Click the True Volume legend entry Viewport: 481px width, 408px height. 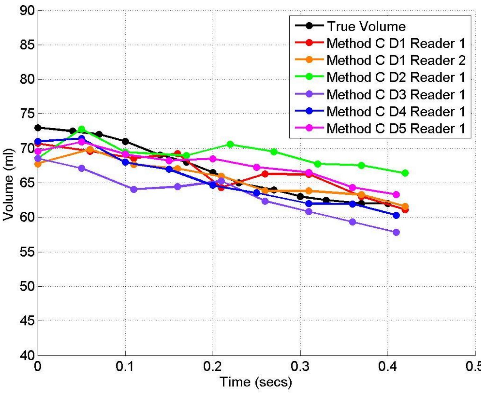(366, 26)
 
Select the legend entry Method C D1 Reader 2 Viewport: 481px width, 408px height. (396, 60)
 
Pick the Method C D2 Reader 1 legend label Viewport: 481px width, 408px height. (396, 77)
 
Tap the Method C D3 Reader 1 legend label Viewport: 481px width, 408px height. (396, 95)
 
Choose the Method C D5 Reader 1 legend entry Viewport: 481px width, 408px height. (396, 128)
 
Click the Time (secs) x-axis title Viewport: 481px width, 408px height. (256, 382)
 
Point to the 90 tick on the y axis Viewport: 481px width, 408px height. (27, 11)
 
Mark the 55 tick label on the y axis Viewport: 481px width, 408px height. (27, 252)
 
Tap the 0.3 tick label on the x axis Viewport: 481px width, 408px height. (300, 367)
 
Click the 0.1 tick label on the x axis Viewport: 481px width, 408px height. (125, 367)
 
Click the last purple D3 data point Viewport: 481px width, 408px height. (396, 232)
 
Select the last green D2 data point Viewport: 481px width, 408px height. (405, 173)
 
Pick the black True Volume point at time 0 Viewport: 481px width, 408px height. (38, 128)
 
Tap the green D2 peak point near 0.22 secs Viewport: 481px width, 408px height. (230, 144)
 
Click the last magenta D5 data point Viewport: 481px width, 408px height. (396, 195)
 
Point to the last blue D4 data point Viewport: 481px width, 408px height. (396, 215)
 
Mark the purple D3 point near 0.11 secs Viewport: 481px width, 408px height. (134, 189)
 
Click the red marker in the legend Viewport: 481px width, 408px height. (309, 43)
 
